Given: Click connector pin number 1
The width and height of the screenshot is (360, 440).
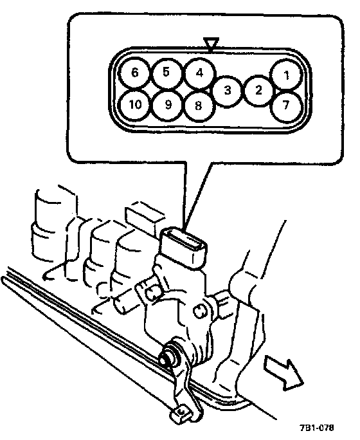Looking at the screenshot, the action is [286, 75].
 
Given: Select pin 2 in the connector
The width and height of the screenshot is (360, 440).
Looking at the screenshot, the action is [258, 90].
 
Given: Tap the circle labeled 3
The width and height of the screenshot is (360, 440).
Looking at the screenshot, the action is [228, 91].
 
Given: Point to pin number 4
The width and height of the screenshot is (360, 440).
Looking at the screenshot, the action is [199, 73].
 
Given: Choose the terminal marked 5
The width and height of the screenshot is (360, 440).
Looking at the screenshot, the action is [166, 73].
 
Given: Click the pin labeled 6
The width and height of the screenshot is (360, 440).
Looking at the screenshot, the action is [135, 73].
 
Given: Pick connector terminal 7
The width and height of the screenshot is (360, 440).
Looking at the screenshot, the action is [286, 105].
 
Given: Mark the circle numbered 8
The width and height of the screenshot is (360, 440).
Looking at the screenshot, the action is [198, 106].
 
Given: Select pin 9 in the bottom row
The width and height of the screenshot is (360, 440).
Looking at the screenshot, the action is [168, 105].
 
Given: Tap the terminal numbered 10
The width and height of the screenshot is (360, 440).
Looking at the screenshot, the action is [135, 105].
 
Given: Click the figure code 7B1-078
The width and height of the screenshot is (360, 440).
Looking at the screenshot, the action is [317, 428].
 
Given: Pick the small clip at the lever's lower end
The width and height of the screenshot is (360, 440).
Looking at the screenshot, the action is [180, 412].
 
